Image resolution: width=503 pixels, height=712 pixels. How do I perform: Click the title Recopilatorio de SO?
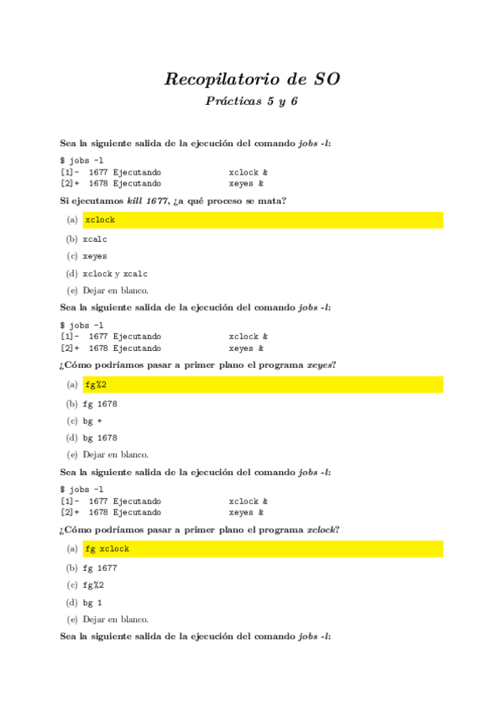(251, 80)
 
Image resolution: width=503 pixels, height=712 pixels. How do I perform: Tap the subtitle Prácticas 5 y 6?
(251, 102)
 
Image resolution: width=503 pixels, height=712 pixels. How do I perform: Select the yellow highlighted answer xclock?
(100, 220)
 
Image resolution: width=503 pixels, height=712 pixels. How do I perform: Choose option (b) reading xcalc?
(95, 239)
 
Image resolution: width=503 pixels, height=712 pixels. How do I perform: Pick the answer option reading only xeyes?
(95, 256)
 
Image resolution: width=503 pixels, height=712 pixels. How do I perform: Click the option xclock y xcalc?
(115, 274)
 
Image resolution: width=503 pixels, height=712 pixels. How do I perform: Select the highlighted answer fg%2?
(96, 385)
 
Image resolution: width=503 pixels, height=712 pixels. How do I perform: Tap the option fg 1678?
(100, 404)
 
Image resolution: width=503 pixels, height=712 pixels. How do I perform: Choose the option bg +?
(92, 421)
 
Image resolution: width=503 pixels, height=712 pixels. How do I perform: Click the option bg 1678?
(100, 437)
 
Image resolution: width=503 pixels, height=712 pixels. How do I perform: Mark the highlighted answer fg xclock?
(107, 549)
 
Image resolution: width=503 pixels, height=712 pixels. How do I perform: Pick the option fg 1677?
(100, 568)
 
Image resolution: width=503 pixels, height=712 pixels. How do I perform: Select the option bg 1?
(92, 602)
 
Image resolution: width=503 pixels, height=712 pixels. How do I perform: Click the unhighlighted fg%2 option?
(94, 585)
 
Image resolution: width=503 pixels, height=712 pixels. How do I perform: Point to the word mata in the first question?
(271, 202)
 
